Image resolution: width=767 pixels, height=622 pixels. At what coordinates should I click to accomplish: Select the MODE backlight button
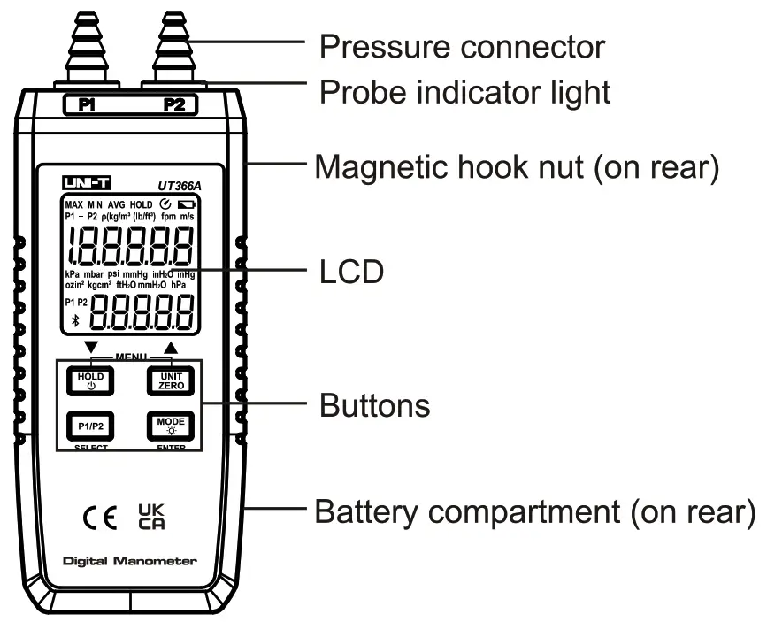pyautogui.click(x=165, y=426)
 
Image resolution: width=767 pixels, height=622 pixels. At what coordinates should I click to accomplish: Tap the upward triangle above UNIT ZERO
pyautogui.click(x=170, y=347)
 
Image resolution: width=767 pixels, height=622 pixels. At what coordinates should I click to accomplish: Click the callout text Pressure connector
pyautogui.click(x=461, y=46)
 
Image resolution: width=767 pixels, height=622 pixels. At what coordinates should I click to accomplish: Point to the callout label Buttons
pyautogui.click(x=374, y=406)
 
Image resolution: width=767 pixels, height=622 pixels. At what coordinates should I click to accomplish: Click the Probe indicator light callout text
pyautogui.click(x=464, y=91)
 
